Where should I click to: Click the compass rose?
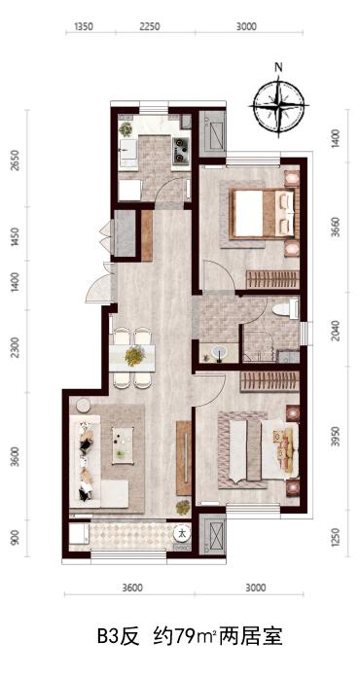[279, 105]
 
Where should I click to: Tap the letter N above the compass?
[279, 67]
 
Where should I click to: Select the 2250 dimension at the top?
[150, 26]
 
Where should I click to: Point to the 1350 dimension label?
[84, 26]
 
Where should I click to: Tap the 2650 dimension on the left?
[16, 160]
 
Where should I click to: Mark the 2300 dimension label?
[16, 347]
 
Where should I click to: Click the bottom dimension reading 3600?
[132, 588]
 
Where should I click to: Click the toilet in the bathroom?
[285, 310]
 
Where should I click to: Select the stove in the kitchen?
[182, 150]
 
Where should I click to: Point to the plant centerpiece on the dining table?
[134, 356]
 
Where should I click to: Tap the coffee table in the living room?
[123, 445]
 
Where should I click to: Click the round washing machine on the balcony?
[183, 533]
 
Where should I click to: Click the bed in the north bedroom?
[264, 214]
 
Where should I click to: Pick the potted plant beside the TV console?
[183, 507]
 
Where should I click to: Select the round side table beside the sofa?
[83, 406]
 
